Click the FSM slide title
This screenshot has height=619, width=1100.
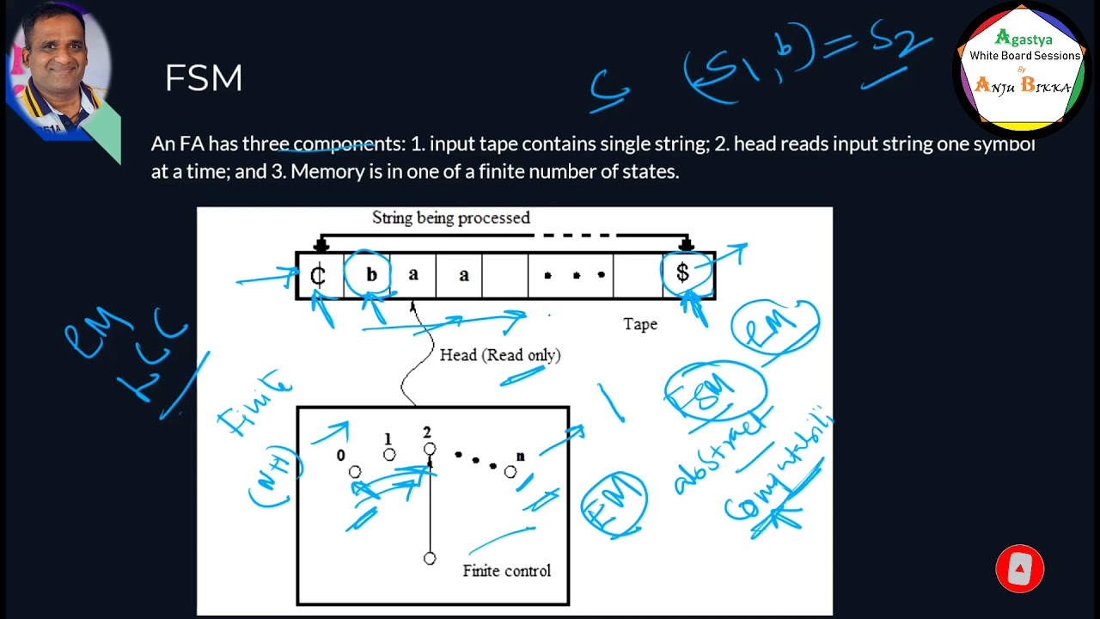204,78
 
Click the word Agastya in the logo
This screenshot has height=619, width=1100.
1024,39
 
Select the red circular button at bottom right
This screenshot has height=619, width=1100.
1019,568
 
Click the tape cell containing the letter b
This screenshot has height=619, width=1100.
371,275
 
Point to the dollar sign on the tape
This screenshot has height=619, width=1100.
682,273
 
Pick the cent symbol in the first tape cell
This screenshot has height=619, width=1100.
318,275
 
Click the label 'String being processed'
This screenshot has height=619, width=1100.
450,218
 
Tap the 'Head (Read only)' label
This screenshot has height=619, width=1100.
499,355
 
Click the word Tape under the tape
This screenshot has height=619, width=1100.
640,324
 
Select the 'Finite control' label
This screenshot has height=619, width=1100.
506,571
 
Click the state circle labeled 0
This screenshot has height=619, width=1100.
355,472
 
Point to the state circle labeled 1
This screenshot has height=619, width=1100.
389,455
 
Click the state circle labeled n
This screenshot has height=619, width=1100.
510,472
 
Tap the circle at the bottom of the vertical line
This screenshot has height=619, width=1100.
430,559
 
